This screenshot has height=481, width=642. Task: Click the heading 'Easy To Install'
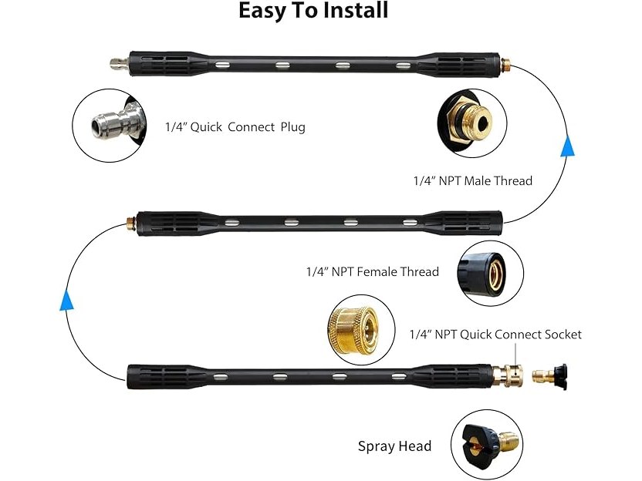coord(313,12)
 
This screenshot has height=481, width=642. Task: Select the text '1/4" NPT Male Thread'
coord(472,181)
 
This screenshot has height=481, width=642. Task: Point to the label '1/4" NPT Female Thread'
coord(373,271)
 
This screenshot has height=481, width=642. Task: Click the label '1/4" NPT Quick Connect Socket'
coord(495,335)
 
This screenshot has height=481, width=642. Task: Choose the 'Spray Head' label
coord(394,446)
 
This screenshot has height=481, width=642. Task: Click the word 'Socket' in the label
coord(560,335)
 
